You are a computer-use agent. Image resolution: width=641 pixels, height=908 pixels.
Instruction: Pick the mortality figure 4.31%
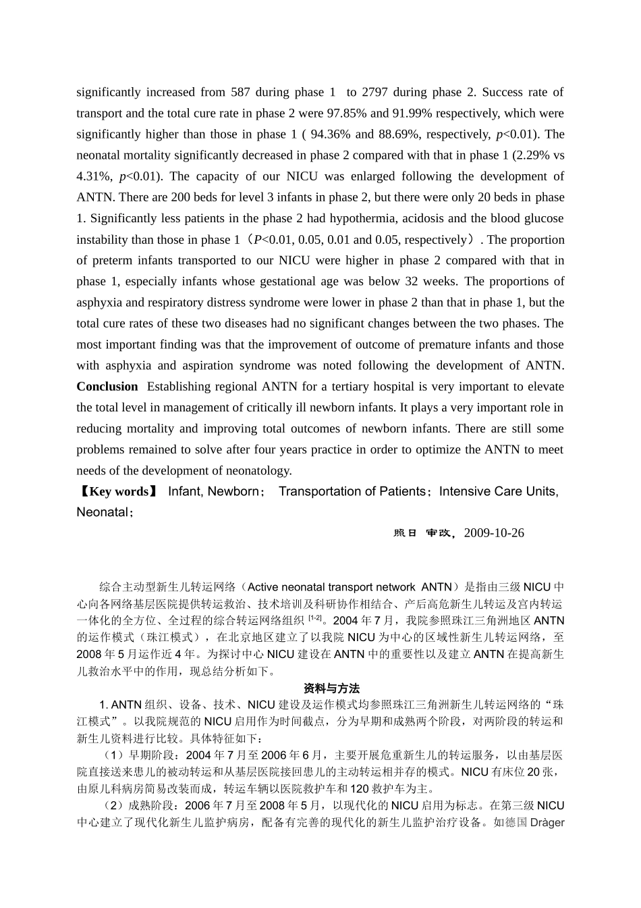point(92,176)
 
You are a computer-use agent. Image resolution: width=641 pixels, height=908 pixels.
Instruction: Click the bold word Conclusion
point(107,386)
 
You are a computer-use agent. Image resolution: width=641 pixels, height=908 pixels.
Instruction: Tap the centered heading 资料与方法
point(332,688)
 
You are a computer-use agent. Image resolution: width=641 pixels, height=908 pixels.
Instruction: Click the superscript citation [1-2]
point(314,617)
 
